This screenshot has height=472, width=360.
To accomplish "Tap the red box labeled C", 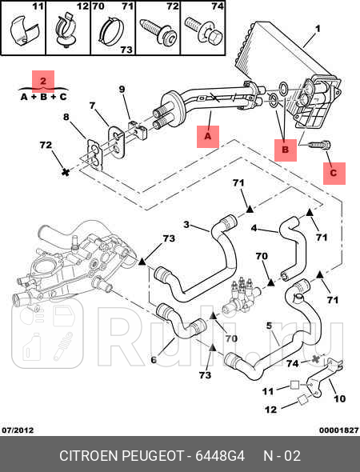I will (334, 171).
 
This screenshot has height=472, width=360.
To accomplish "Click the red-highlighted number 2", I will (44, 80).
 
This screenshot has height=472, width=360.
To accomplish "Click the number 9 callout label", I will (122, 89).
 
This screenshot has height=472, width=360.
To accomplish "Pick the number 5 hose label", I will (269, 326).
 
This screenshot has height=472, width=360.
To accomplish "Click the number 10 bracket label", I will (338, 398).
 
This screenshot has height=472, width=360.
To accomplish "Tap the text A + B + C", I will (43, 97).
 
